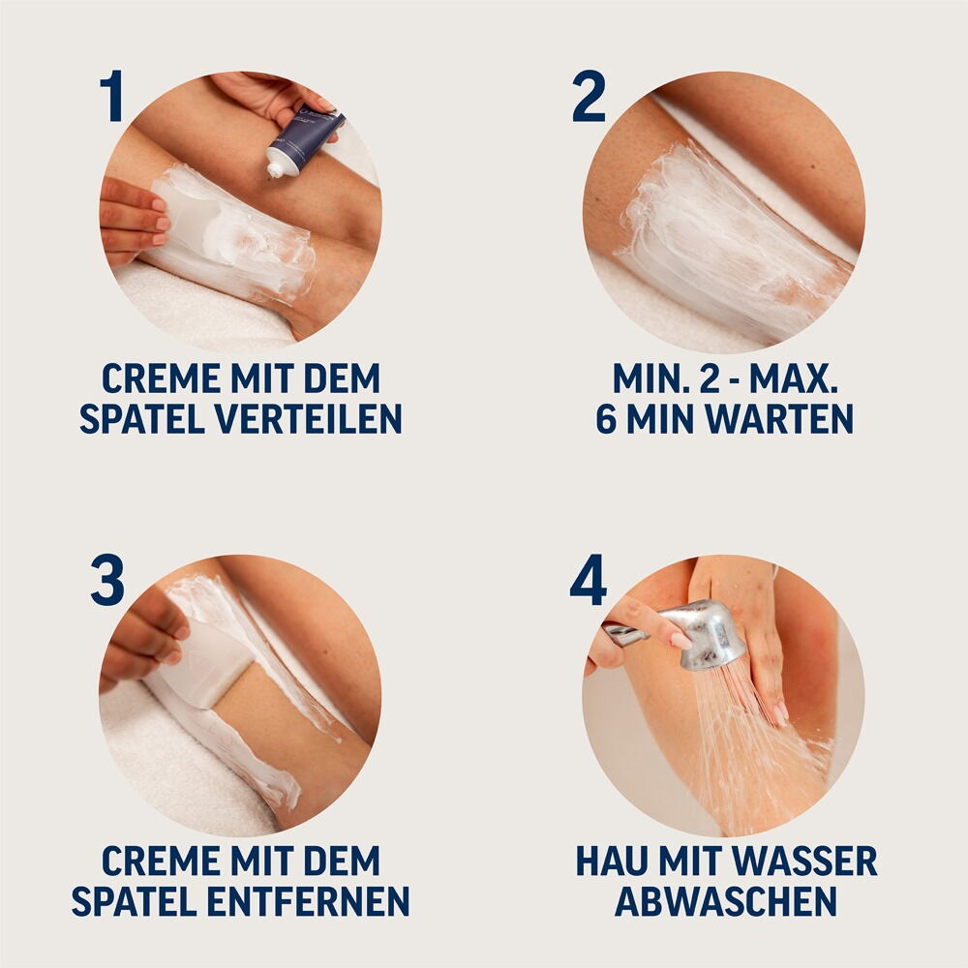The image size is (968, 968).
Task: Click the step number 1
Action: pos(113,98)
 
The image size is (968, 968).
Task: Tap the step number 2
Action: pos(589,98)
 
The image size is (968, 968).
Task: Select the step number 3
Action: pos(107,581)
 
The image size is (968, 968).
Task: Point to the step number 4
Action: pos(588,581)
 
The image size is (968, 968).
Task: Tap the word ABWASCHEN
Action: pos(726,901)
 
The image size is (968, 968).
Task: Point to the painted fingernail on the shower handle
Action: pos(678,639)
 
